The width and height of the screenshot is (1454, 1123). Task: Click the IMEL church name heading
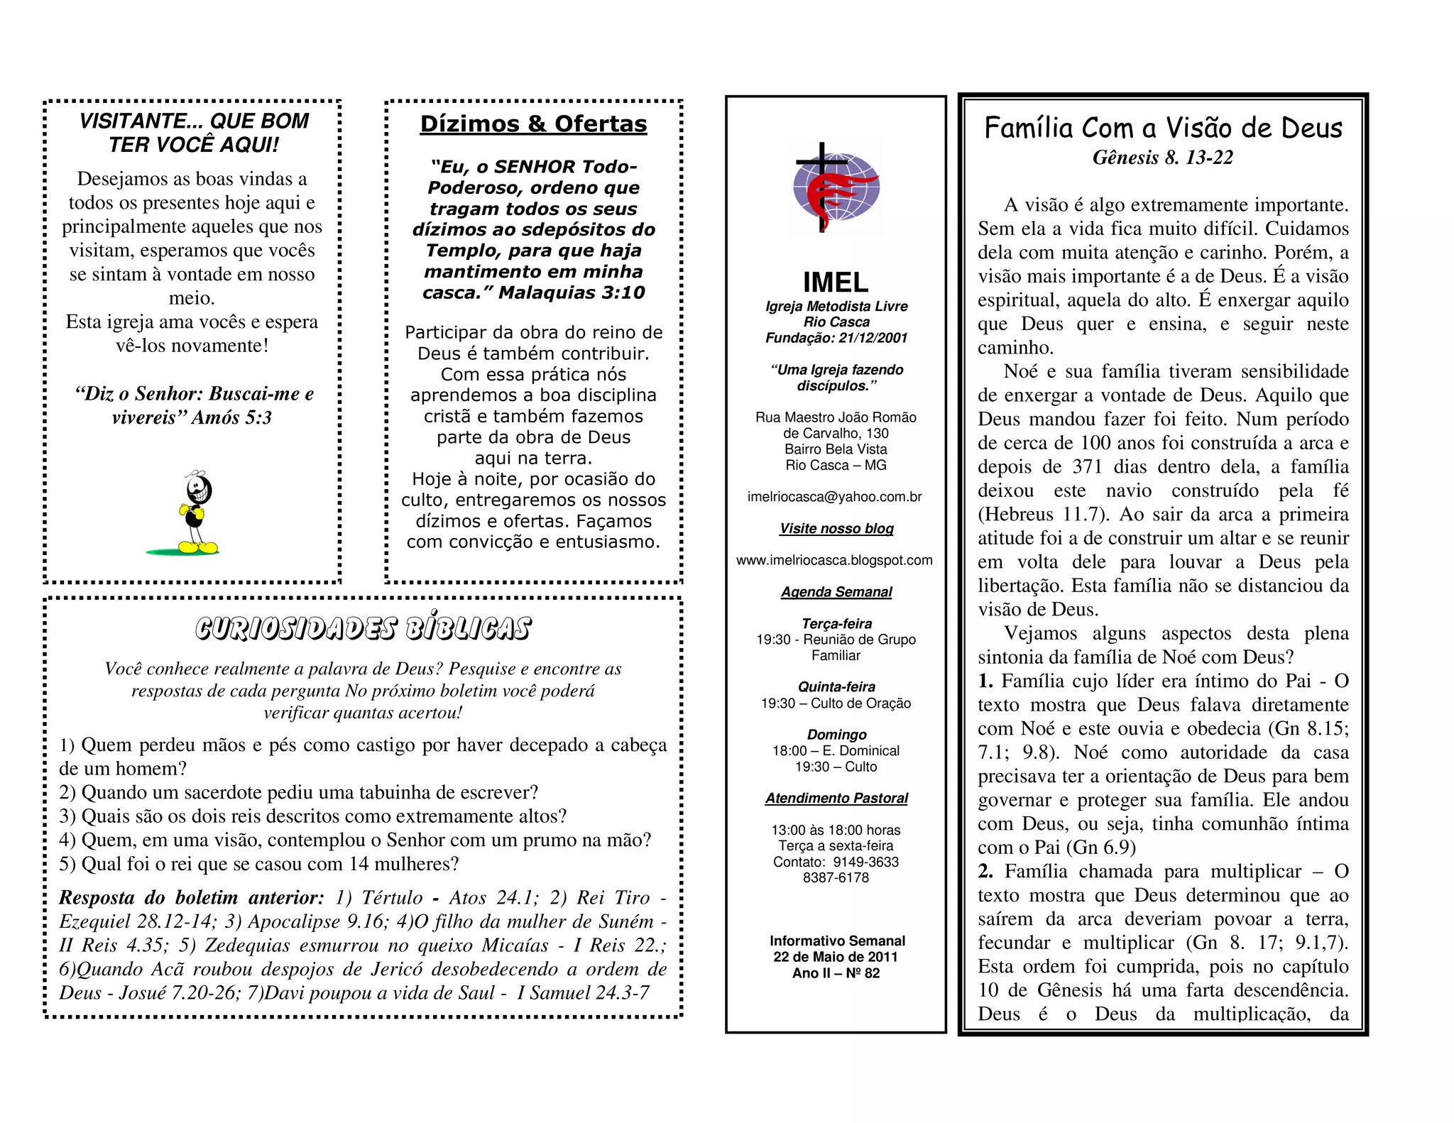point(836,283)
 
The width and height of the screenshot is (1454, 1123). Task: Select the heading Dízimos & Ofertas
point(533,124)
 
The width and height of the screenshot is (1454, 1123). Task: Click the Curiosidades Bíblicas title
point(363,629)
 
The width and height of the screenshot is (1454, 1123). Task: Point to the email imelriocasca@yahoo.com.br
point(835,497)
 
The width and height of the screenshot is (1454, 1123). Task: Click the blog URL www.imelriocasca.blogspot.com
point(834,560)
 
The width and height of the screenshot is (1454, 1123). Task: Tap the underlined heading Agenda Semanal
point(836,592)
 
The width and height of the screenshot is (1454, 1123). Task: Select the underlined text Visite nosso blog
point(836,529)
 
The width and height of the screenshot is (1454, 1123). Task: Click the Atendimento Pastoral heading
point(836,799)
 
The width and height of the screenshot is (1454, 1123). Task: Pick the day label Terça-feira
point(836,624)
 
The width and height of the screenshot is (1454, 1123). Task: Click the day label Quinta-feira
point(836,687)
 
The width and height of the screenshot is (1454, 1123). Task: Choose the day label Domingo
point(836,735)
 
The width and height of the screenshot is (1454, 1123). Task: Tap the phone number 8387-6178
point(836,878)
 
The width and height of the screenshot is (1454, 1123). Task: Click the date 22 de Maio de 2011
point(836,957)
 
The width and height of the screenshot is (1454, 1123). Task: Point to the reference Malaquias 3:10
point(572,292)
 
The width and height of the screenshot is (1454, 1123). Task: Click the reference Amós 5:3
point(231,417)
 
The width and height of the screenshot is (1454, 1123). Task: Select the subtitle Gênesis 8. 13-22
point(1163,158)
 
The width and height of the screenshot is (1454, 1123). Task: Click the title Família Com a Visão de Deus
point(1163,128)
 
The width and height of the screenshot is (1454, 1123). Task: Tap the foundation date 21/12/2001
point(873,338)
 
